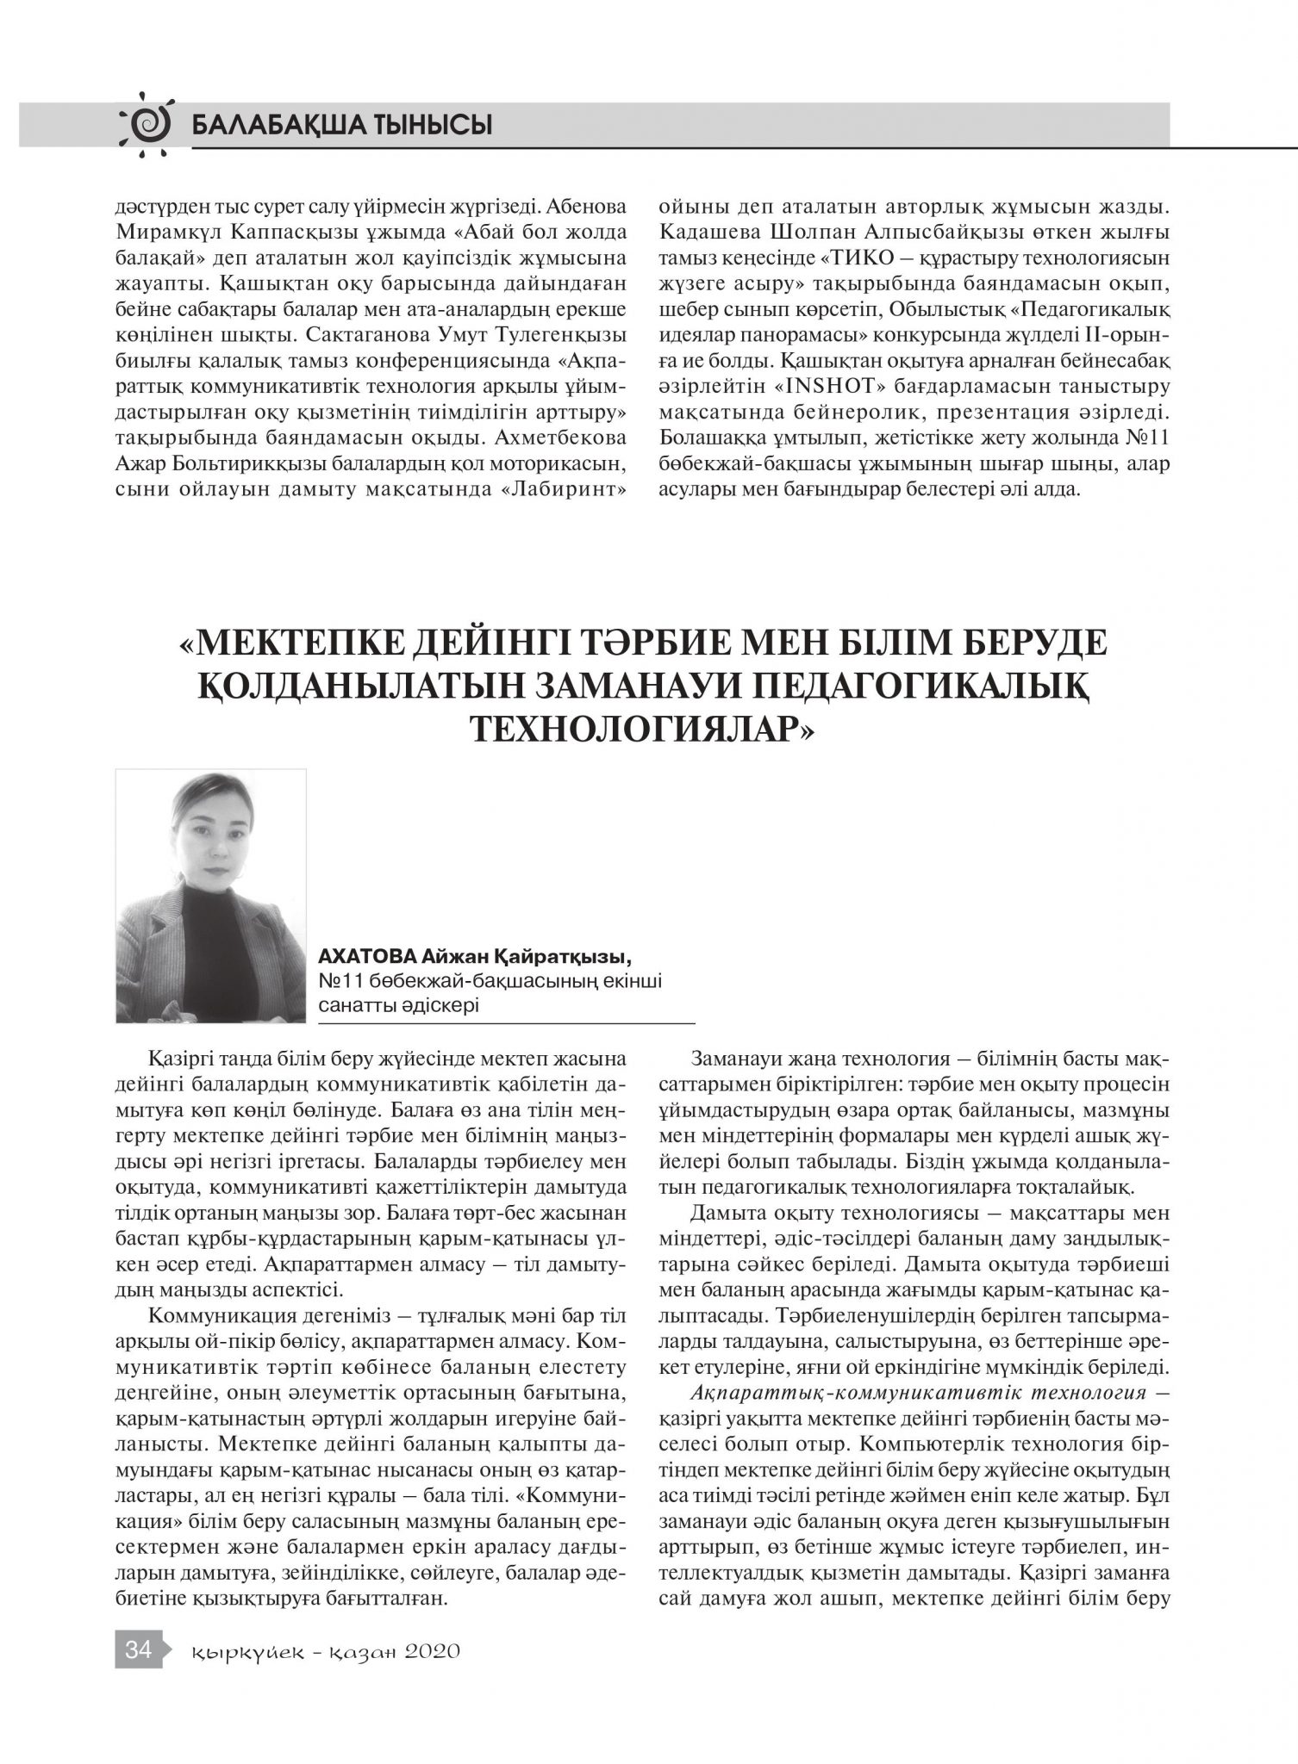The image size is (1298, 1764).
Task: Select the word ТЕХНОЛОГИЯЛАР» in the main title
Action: coord(642,727)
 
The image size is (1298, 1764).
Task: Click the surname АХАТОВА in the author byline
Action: coord(368,958)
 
